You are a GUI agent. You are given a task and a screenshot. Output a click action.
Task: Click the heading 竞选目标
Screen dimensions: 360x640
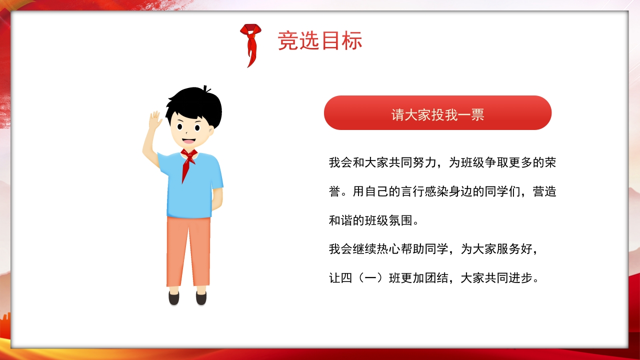pyautogui.click(x=320, y=41)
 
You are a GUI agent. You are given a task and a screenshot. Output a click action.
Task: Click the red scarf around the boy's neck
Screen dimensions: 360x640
pyautogui.click(x=188, y=161)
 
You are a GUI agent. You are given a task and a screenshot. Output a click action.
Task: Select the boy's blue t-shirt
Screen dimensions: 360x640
pyautogui.click(x=190, y=187)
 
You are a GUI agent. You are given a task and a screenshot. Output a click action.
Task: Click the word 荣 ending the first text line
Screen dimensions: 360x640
pyautogui.click(x=550, y=162)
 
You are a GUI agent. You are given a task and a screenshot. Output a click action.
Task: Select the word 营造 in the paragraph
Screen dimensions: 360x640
pyautogui.click(x=544, y=191)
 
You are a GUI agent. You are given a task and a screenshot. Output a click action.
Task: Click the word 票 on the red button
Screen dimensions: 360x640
pyautogui.click(x=478, y=114)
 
